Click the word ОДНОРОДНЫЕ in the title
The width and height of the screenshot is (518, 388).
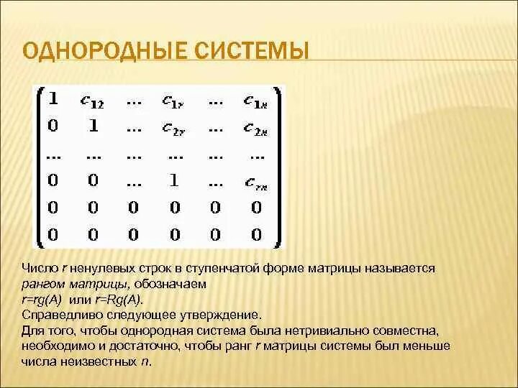pos(103,52)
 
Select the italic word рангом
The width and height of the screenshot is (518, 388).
pos(42,284)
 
